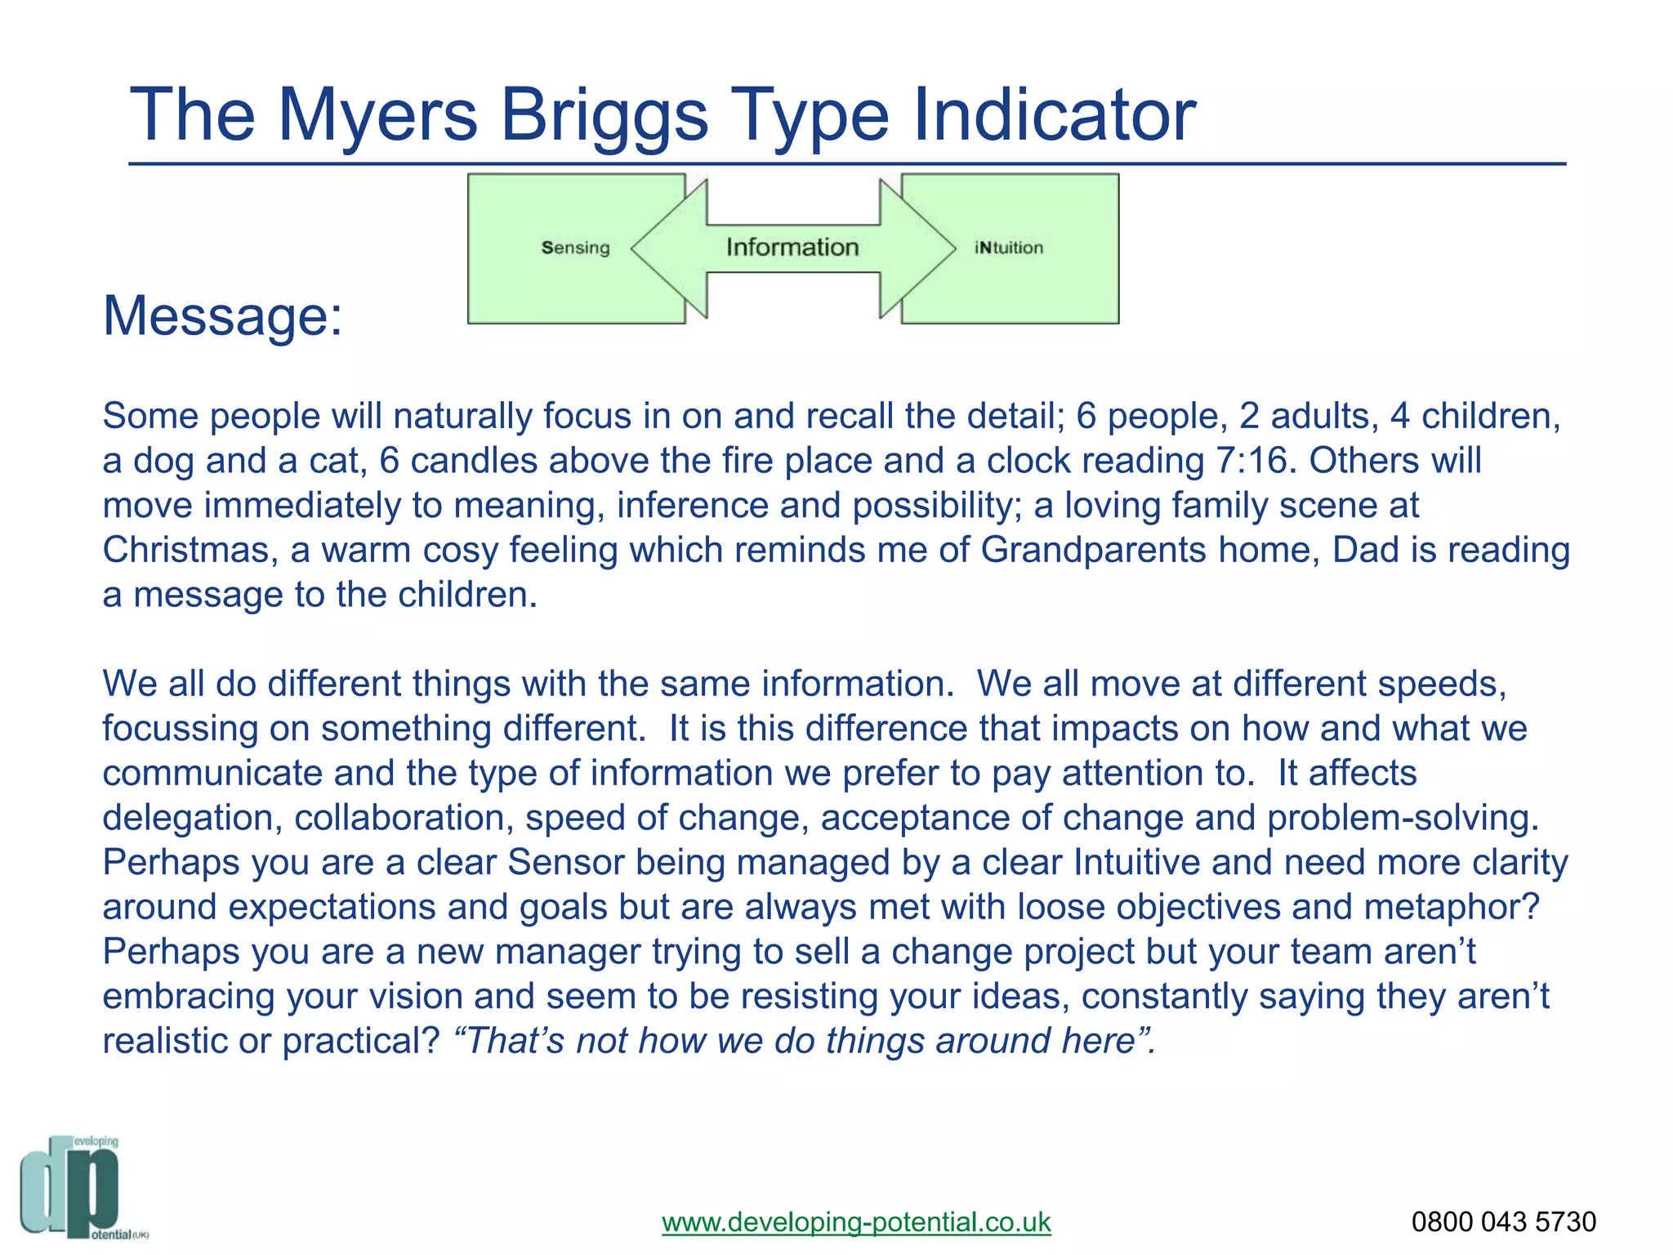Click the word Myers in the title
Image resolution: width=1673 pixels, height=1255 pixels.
(377, 116)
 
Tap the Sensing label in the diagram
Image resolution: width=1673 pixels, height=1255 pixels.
(576, 248)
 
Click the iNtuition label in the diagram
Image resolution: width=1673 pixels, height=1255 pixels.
(1009, 248)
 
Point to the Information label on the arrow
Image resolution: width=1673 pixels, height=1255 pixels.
(792, 247)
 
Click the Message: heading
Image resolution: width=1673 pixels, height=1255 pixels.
(223, 315)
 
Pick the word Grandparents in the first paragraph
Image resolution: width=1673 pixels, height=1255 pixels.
(1093, 550)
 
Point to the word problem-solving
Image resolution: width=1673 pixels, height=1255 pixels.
(1403, 818)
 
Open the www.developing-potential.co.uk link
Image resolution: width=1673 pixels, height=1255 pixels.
(856, 1222)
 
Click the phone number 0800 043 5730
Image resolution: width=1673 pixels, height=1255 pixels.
(1503, 1222)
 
